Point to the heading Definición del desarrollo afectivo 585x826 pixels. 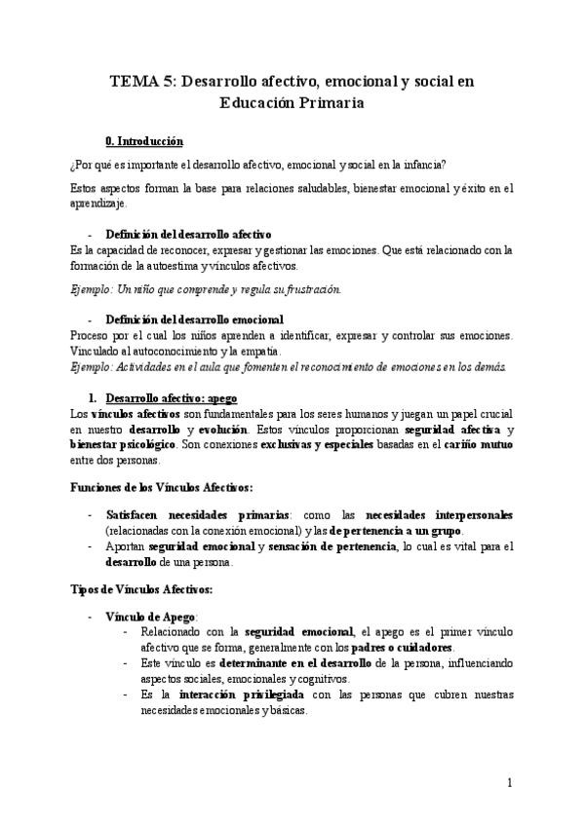point(188,235)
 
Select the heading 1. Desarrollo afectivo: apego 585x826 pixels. point(172,398)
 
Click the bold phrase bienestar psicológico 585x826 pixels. point(114,445)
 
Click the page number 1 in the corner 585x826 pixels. point(511,782)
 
